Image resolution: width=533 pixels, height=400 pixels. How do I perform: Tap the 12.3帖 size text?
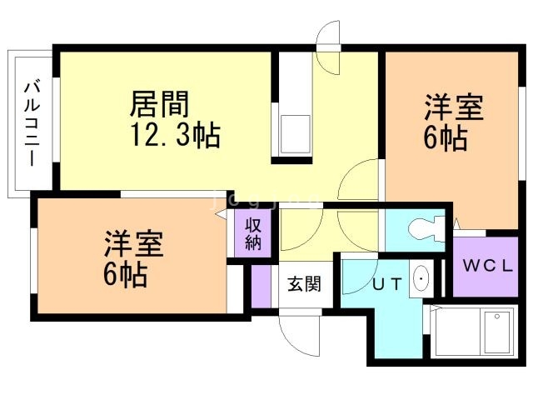(x=174, y=133)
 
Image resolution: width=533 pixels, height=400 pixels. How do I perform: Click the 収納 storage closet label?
(x=253, y=233)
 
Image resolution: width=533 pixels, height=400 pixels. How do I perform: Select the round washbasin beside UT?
(x=421, y=277)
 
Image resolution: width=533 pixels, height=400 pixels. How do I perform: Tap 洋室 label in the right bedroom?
(x=455, y=108)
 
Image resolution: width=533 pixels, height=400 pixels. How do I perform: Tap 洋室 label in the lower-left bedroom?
(x=133, y=243)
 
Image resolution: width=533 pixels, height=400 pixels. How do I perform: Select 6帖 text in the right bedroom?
(x=445, y=137)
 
